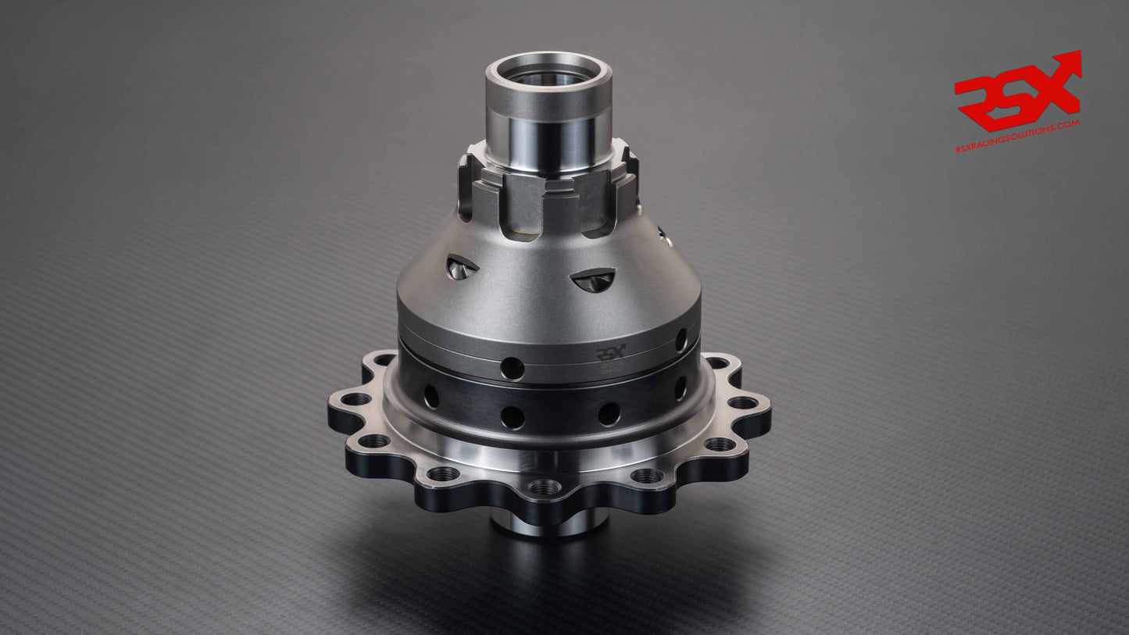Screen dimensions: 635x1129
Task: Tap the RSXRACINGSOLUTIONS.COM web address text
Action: (1017, 136)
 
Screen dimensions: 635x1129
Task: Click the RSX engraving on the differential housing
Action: (610, 354)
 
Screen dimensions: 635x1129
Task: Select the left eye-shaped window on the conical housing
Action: (461, 267)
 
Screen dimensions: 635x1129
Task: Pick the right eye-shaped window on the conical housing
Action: (593, 280)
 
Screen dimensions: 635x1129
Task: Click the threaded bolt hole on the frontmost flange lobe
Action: (545, 487)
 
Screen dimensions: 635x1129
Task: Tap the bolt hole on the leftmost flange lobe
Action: (355, 399)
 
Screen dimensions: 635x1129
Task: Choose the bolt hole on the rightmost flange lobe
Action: (743, 403)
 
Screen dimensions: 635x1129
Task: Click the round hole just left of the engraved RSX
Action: (513, 368)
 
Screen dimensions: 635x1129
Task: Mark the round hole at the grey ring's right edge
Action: (681, 340)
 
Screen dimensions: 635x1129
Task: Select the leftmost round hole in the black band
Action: (431, 396)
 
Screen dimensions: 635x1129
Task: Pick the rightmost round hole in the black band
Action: (681, 387)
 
